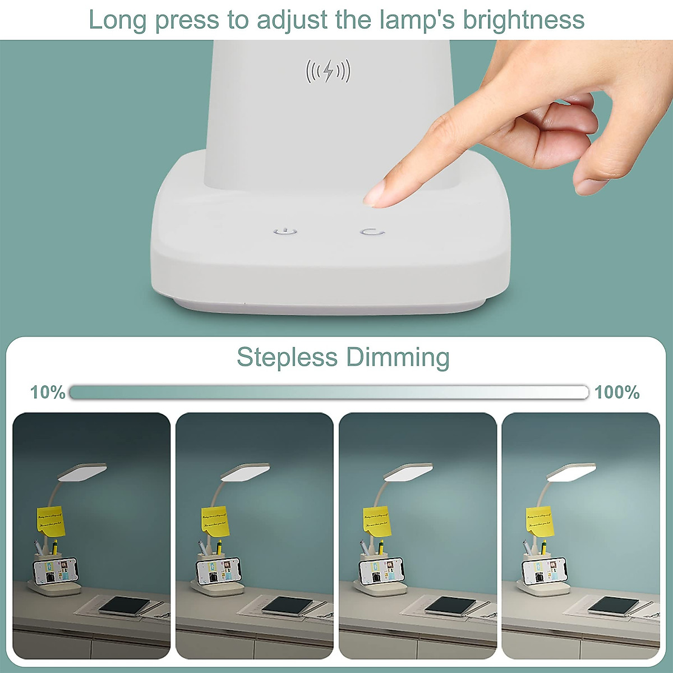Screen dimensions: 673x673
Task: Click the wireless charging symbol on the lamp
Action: (328, 71)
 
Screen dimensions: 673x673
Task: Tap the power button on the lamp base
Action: (285, 232)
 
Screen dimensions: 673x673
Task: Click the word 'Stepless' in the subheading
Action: (287, 357)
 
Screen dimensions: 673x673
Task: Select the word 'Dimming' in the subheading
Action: (397, 357)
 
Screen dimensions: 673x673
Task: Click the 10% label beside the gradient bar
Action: (48, 392)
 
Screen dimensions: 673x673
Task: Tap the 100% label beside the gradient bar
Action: (617, 392)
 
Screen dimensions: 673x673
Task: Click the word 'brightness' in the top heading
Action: (523, 20)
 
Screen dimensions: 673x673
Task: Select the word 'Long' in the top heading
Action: (118, 20)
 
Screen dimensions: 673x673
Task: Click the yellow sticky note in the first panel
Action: (51, 521)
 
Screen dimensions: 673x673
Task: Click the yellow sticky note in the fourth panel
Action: (540, 520)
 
